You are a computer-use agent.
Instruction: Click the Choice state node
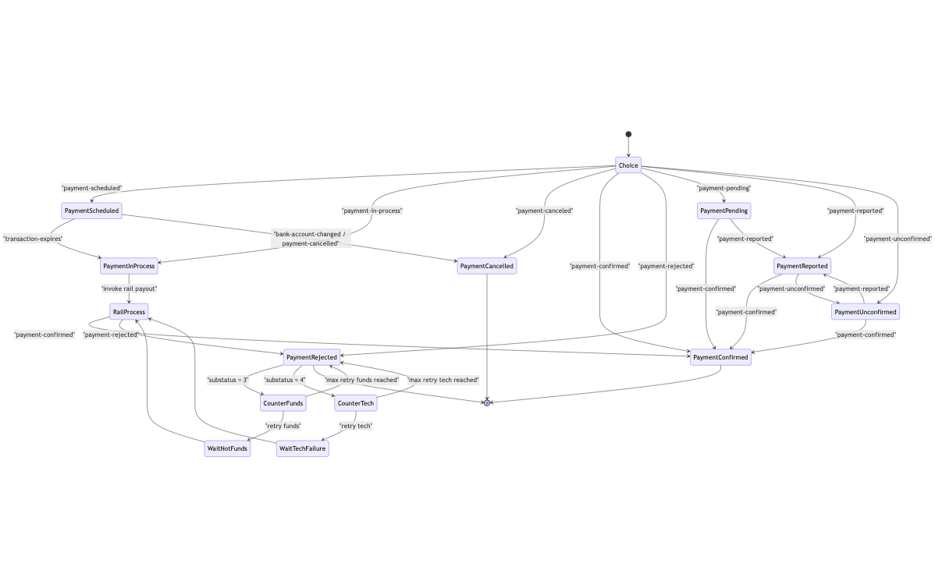627,165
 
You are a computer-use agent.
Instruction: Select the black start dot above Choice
628,134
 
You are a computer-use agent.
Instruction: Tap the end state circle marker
487,402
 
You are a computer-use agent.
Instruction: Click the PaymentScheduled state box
92,211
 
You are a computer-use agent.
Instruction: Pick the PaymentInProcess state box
129,266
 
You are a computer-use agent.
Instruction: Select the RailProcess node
128,312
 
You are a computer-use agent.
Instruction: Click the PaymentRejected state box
311,357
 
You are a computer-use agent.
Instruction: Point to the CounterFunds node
283,403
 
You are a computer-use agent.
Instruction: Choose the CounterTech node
355,403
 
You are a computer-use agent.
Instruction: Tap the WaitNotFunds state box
227,448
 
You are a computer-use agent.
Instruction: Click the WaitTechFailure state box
302,448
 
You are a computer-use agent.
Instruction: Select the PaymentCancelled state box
487,266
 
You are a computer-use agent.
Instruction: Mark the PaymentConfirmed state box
720,357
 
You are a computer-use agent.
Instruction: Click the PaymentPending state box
723,211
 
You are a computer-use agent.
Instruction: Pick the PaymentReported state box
802,266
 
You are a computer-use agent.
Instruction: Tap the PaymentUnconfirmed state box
865,312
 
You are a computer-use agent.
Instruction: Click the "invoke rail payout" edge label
129,289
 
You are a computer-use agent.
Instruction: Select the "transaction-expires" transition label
33,239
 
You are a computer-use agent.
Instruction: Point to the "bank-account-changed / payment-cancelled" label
311,239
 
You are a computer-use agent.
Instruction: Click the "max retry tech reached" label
443,380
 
